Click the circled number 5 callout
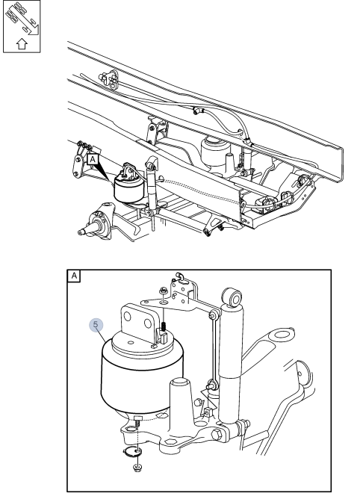(x=96, y=325)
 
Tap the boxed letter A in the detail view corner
(x=75, y=275)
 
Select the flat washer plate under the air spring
(x=132, y=450)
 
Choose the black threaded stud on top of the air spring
(x=162, y=326)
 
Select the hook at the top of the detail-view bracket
(x=180, y=275)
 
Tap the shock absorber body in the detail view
(x=231, y=374)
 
